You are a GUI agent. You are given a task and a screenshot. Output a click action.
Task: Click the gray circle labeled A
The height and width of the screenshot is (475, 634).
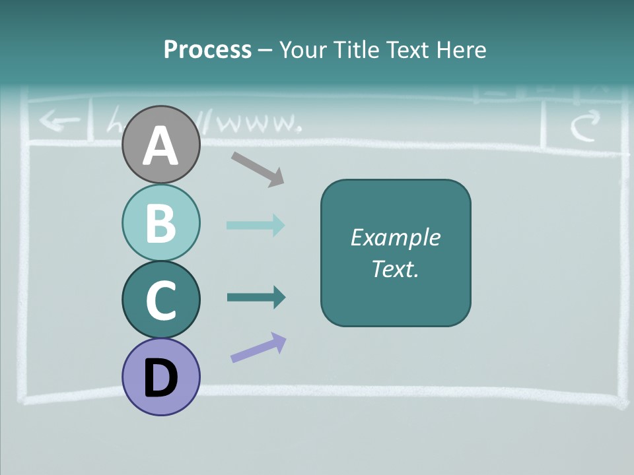(161, 144)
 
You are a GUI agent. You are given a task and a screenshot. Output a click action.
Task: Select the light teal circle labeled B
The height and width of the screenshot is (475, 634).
(161, 222)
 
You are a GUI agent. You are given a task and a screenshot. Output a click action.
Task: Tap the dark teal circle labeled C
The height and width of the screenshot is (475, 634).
(161, 300)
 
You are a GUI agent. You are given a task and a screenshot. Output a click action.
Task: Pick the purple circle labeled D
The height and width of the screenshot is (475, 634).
(161, 377)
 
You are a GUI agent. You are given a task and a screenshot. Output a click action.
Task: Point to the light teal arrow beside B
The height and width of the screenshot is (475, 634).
(256, 225)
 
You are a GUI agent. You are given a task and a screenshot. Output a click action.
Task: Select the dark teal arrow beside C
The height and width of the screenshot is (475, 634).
(256, 298)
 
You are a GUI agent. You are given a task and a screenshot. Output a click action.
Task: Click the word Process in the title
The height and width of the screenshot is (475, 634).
(207, 49)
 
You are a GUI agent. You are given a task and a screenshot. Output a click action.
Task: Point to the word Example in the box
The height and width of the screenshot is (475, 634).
(395, 237)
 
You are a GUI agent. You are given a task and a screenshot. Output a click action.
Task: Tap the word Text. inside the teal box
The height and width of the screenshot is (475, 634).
(395, 269)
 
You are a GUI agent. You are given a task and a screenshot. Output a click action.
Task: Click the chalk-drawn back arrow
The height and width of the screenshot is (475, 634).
(59, 121)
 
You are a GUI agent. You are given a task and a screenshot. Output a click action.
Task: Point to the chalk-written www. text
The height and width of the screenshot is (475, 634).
(254, 123)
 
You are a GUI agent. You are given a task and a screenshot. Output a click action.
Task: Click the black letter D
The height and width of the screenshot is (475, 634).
(161, 378)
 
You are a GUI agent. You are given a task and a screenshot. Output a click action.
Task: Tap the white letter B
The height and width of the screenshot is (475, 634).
(161, 223)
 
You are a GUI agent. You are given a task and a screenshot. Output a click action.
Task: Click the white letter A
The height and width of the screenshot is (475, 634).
(161, 145)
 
